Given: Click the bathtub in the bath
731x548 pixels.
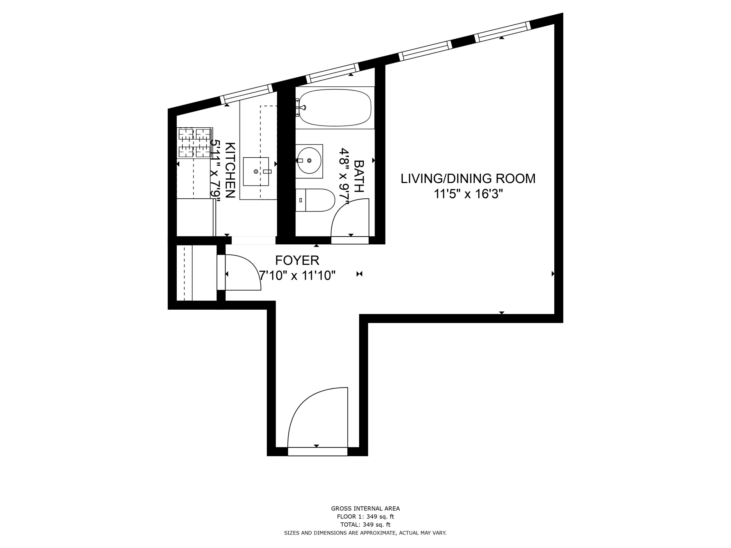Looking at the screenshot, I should tap(335, 107).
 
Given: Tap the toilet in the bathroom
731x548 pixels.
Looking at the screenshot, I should tap(315, 200).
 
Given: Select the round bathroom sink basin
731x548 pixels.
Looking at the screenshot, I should tap(309, 161).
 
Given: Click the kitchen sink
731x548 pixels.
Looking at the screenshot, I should tap(256, 172).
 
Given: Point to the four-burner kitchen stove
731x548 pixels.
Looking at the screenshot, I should tap(195, 143).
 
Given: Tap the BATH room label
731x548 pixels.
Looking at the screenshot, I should tap(358, 176).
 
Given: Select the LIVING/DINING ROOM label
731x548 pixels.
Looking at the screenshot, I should tap(468, 178).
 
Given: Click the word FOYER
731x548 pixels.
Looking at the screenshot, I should tap(297, 260).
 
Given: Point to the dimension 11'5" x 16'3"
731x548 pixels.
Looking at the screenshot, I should tap(468, 194).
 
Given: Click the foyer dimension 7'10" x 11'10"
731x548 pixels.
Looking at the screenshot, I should tap(297, 276).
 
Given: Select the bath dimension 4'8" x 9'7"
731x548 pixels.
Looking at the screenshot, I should tap(344, 176).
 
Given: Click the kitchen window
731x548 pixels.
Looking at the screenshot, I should tap(246, 94).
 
